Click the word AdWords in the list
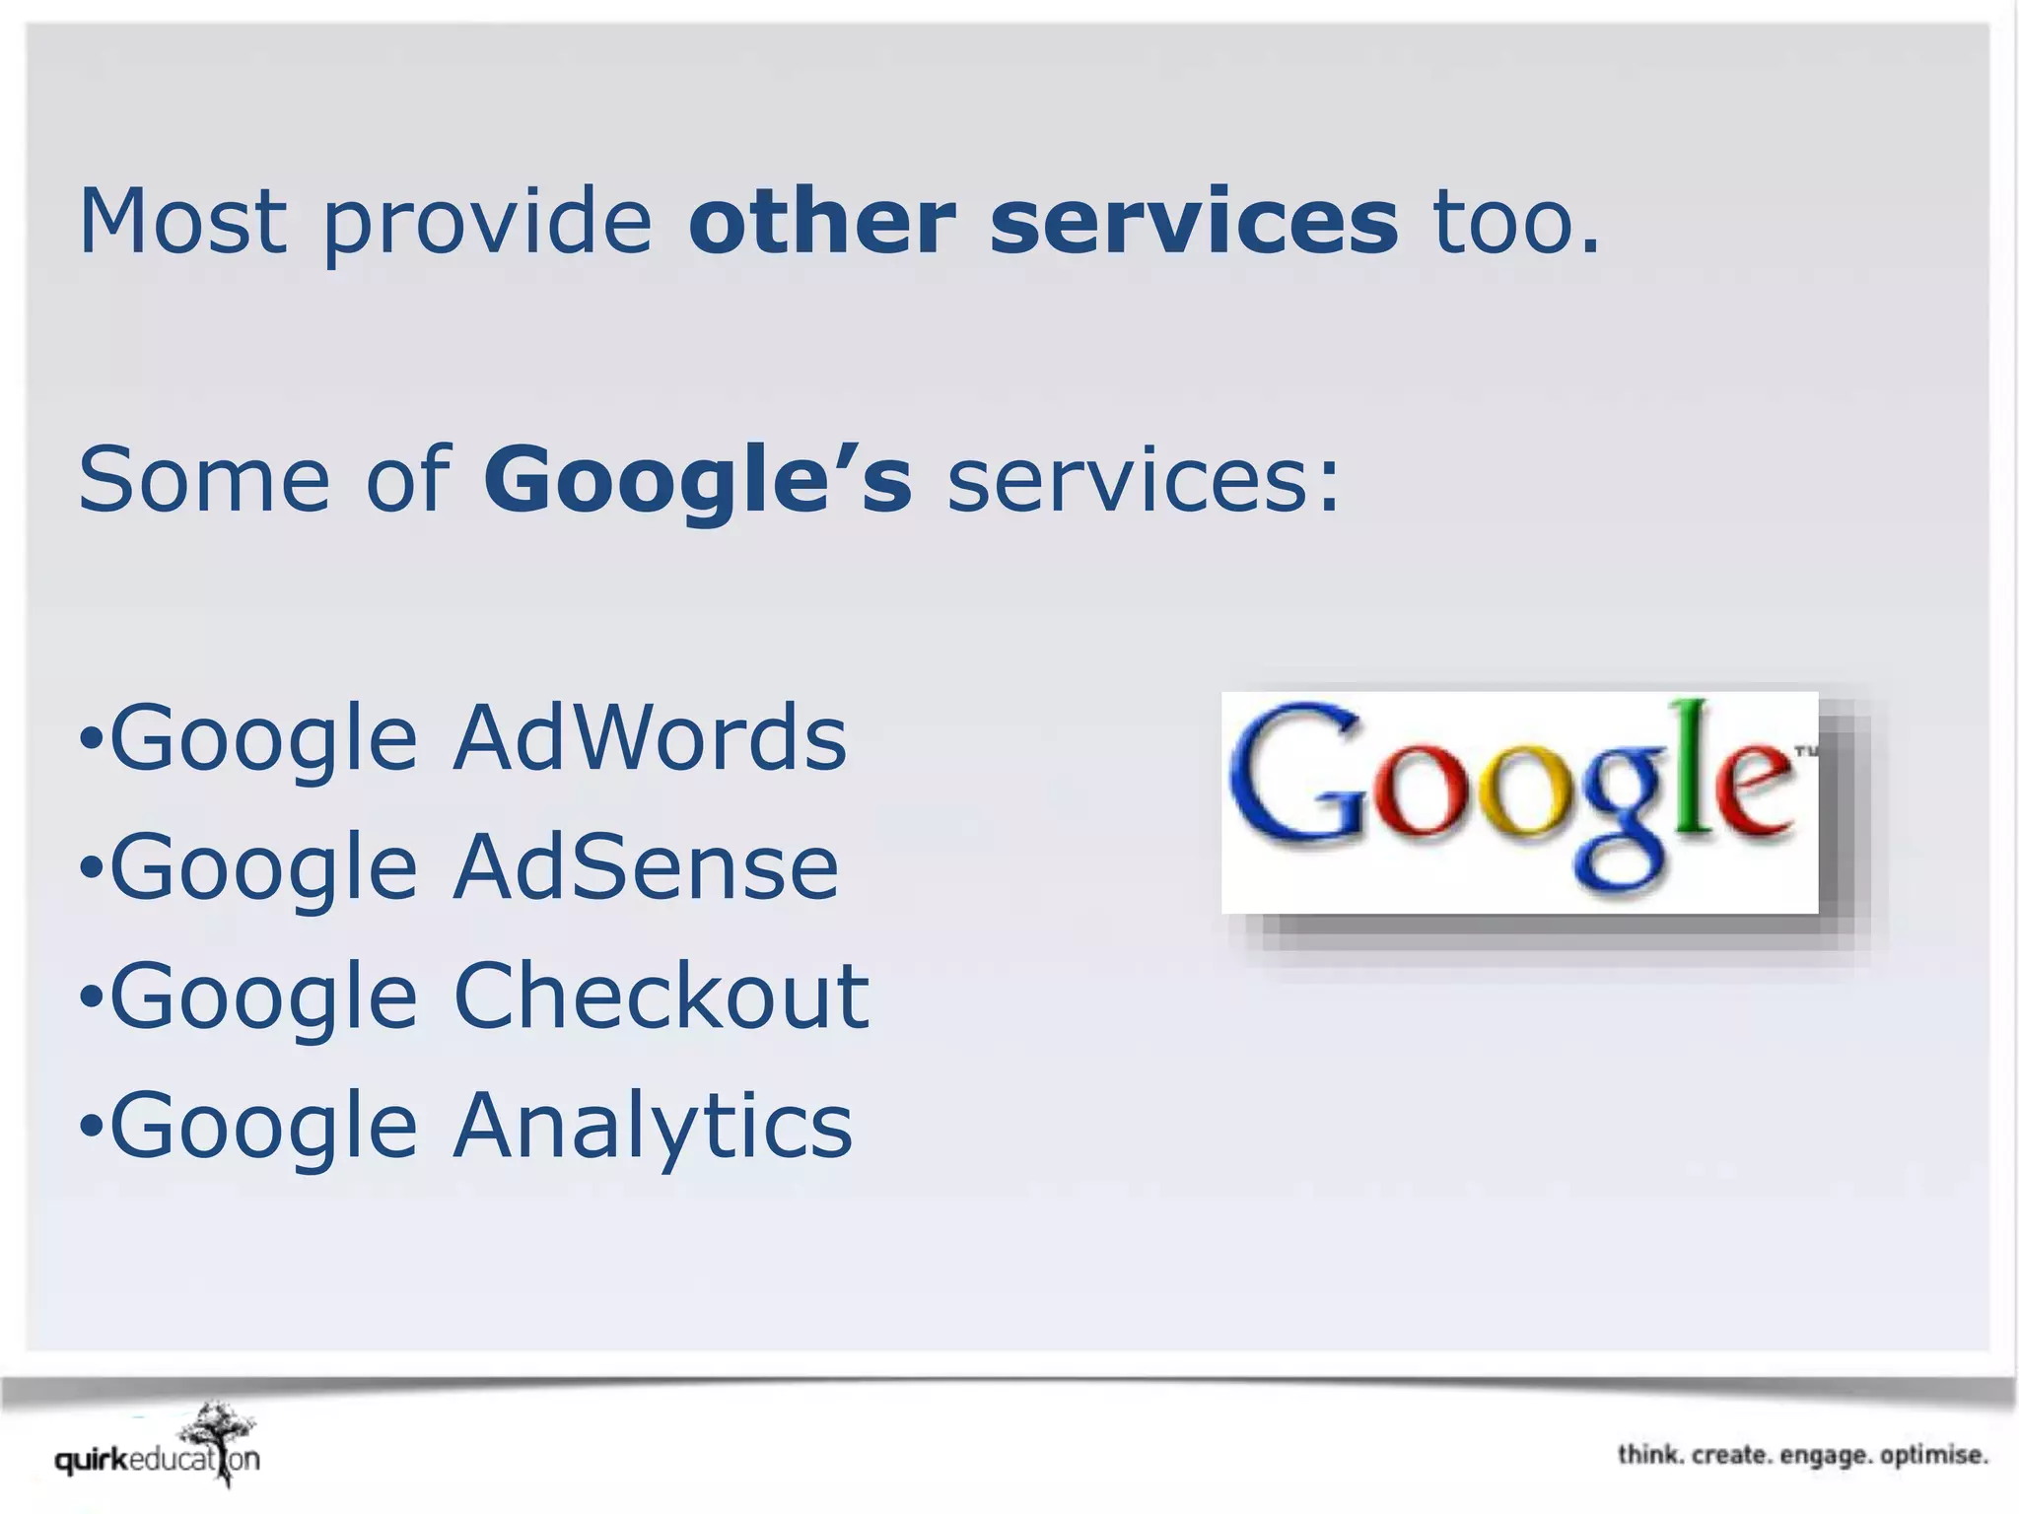[649, 738]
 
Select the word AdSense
[646, 867]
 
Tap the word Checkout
[661, 997]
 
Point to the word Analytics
[652, 1126]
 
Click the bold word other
[821, 221]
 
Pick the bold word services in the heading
[1193, 221]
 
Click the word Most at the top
[183, 221]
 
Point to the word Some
[203, 480]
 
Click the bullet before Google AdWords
[90, 740]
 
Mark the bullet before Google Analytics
[90, 1128]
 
